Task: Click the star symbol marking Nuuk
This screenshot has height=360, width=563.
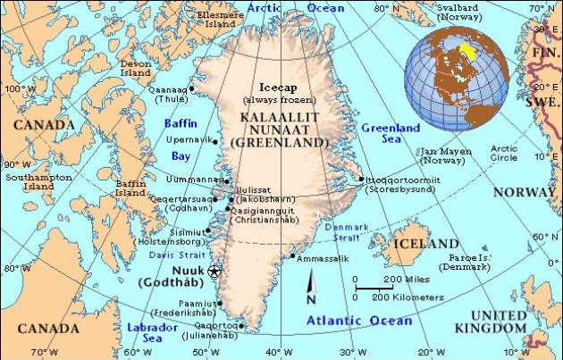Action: tap(213, 271)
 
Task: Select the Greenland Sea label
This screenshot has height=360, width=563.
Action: tap(391, 134)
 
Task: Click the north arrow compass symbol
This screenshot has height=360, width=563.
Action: tap(310, 290)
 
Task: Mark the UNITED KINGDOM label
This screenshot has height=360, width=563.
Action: tap(499, 322)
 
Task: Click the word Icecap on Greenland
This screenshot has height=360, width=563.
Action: tap(276, 88)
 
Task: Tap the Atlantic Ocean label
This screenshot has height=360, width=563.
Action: tap(359, 320)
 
